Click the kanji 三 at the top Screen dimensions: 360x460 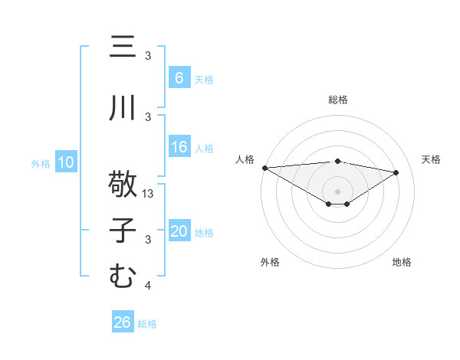(122, 47)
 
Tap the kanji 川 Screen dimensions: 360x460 (122, 109)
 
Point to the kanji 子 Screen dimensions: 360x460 (122, 231)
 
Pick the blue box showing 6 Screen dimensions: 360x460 (179, 78)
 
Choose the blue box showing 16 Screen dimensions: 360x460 (179, 148)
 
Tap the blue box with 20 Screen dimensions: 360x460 (179, 232)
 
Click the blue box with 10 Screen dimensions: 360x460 (65, 162)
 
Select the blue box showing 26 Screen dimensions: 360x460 (123, 323)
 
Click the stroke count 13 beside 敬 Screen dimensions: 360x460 (149, 194)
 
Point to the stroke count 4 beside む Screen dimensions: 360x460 (148, 286)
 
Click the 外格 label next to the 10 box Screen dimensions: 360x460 (41, 163)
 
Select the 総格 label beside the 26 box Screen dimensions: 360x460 (147, 324)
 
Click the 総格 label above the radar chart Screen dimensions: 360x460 (337, 100)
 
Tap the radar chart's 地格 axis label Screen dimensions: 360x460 (402, 262)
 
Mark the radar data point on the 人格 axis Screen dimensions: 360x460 (264, 168)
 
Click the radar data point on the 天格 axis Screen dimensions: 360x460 (396, 172)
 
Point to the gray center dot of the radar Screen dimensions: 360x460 (337, 190)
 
